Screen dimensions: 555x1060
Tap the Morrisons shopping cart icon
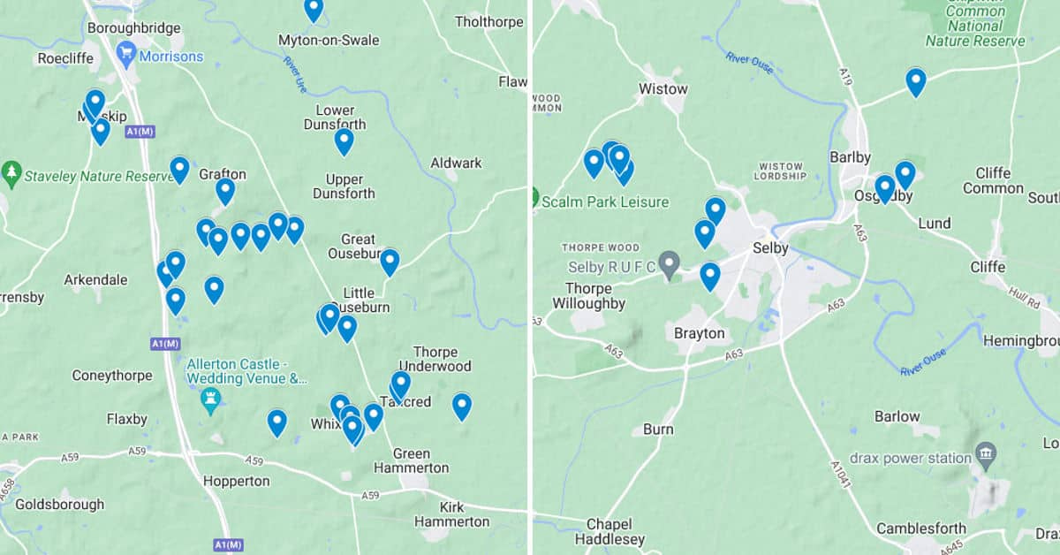click(x=125, y=56)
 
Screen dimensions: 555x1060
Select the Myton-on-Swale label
click(x=329, y=41)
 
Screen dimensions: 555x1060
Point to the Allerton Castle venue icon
click(x=210, y=400)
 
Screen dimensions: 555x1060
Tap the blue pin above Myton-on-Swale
click(x=314, y=9)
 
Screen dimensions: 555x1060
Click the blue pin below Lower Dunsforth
click(x=344, y=140)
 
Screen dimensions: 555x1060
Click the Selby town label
click(x=769, y=248)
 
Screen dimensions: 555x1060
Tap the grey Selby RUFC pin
click(x=670, y=263)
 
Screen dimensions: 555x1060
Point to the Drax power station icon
click(x=987, y=456)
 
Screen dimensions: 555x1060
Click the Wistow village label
click(x=662, y=88)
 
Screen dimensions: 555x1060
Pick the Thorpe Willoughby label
click(x=588, y=296)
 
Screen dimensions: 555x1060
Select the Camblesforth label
click(x=920, y=528)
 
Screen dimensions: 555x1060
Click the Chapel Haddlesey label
click(x=610, y=531)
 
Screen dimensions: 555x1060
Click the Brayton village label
click(x=699, y=333)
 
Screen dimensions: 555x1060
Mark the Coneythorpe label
click(x=111, y=376)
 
